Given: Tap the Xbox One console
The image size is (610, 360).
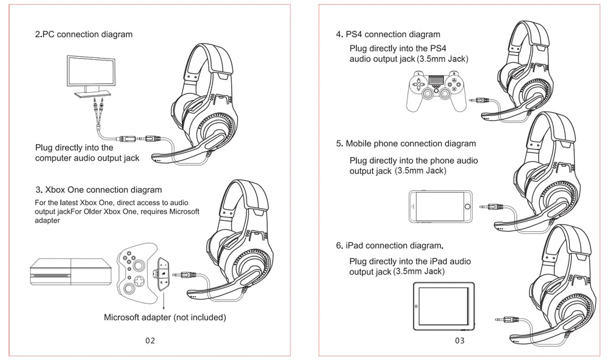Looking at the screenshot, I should pos(71,270).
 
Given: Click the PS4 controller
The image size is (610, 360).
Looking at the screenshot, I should pos(436,90).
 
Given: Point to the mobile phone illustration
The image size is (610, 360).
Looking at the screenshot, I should pos(441,207).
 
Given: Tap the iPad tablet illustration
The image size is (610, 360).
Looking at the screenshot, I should pos(444,306).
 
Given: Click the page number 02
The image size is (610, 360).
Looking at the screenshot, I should pos(150,340).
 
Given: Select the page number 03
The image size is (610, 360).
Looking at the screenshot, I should pos(459,340).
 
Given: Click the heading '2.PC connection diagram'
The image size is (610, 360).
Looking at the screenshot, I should pos(84,35).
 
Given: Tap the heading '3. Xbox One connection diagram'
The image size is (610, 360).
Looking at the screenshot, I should pos(99,190).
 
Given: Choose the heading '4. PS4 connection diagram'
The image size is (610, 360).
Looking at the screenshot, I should pos(388,35).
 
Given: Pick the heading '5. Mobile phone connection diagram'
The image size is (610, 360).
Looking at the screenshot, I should pos(406,144).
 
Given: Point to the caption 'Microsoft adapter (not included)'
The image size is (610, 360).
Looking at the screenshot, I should pos(165,317).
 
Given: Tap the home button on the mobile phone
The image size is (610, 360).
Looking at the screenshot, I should pos(467,207).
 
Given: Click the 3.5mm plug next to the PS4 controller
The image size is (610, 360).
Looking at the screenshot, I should pos(480,97).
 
